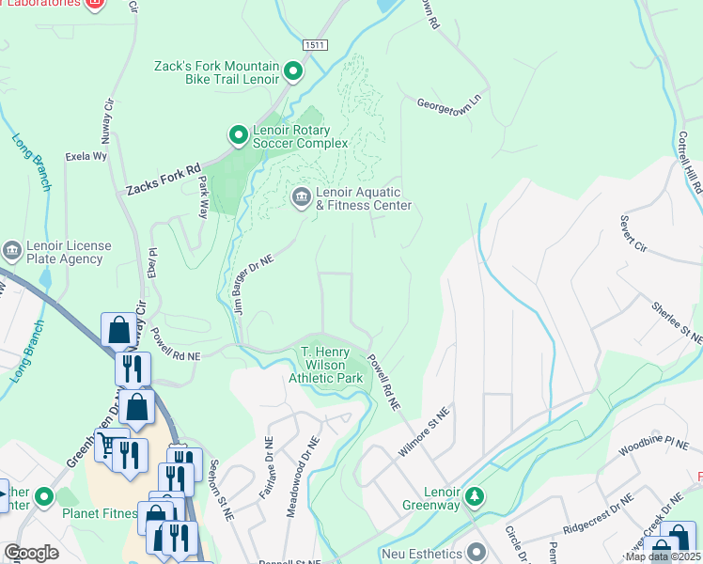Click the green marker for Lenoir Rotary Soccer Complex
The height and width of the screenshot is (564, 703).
(x=238, y=135)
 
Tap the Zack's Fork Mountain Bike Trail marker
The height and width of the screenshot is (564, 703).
(x=293, y=71)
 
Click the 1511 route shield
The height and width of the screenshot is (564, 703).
(x=315, y=44)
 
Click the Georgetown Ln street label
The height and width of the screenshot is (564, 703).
(x=448, y=104)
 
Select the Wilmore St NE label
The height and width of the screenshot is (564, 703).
(x=419, y=439)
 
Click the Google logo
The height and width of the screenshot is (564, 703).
(x=32, y=553)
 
